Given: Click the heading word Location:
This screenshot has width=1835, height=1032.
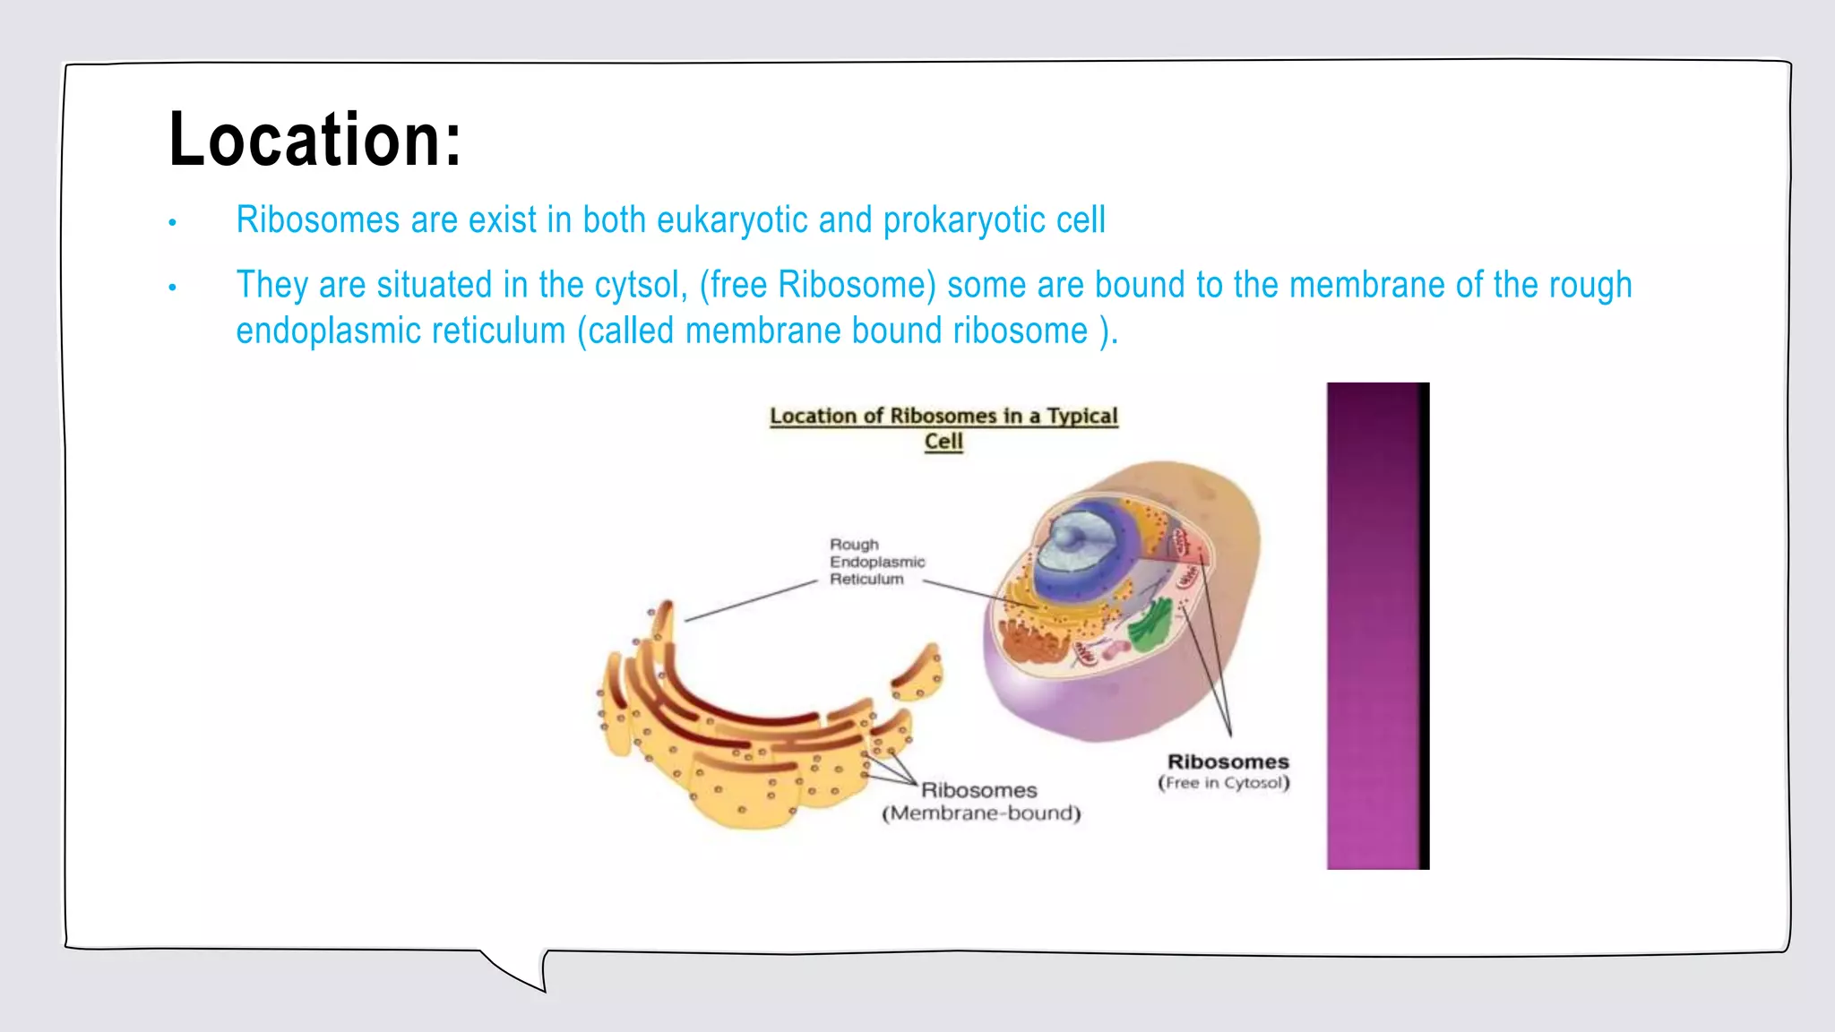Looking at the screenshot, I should (x=314, y=140).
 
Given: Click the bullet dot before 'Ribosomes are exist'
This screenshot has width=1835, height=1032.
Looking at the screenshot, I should (x=172, y=222).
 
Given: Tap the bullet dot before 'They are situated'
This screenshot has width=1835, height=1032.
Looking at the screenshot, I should (x=172, y=288).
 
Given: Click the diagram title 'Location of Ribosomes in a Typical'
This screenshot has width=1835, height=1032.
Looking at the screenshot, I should (x=943, y=416).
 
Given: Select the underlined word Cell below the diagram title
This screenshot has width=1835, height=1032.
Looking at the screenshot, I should (x=943, y=442).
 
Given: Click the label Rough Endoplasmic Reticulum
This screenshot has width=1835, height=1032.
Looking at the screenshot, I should (x=875, y=562).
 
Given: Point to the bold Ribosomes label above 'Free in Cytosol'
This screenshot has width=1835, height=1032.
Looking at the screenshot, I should (x=1228, y=761).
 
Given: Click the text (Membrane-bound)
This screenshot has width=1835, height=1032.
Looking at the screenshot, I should (x=981, y=813).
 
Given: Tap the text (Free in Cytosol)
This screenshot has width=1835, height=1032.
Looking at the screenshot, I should (x=1224, y=783).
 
